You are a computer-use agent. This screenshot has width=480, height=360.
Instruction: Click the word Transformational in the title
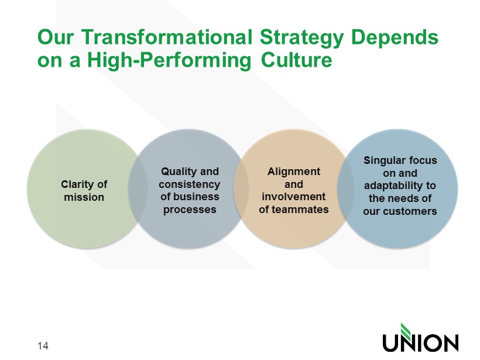tap(167, 37)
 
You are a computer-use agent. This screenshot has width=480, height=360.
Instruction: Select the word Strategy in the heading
tap(301, 39)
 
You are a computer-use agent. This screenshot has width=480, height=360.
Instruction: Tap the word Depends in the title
tap(395, 37)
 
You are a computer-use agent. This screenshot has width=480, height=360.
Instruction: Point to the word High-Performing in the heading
tap(169, 61)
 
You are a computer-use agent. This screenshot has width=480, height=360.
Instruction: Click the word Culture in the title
tap(297, 60)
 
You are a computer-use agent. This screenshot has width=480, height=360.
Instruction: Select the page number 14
tap(43, 345)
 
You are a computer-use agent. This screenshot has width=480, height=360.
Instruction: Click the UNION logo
tap(421, 337)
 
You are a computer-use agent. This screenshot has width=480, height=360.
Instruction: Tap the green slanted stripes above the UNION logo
tap(406, 330)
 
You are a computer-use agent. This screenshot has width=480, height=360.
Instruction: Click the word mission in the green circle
tap(84, 197)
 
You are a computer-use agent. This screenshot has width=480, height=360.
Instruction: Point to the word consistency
tap(190, 184)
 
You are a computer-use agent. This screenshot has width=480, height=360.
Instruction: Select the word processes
tap(190, 210)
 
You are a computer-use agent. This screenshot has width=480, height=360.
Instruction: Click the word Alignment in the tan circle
tap(294, 172)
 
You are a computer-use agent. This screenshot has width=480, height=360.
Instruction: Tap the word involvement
tap(294, 197)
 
